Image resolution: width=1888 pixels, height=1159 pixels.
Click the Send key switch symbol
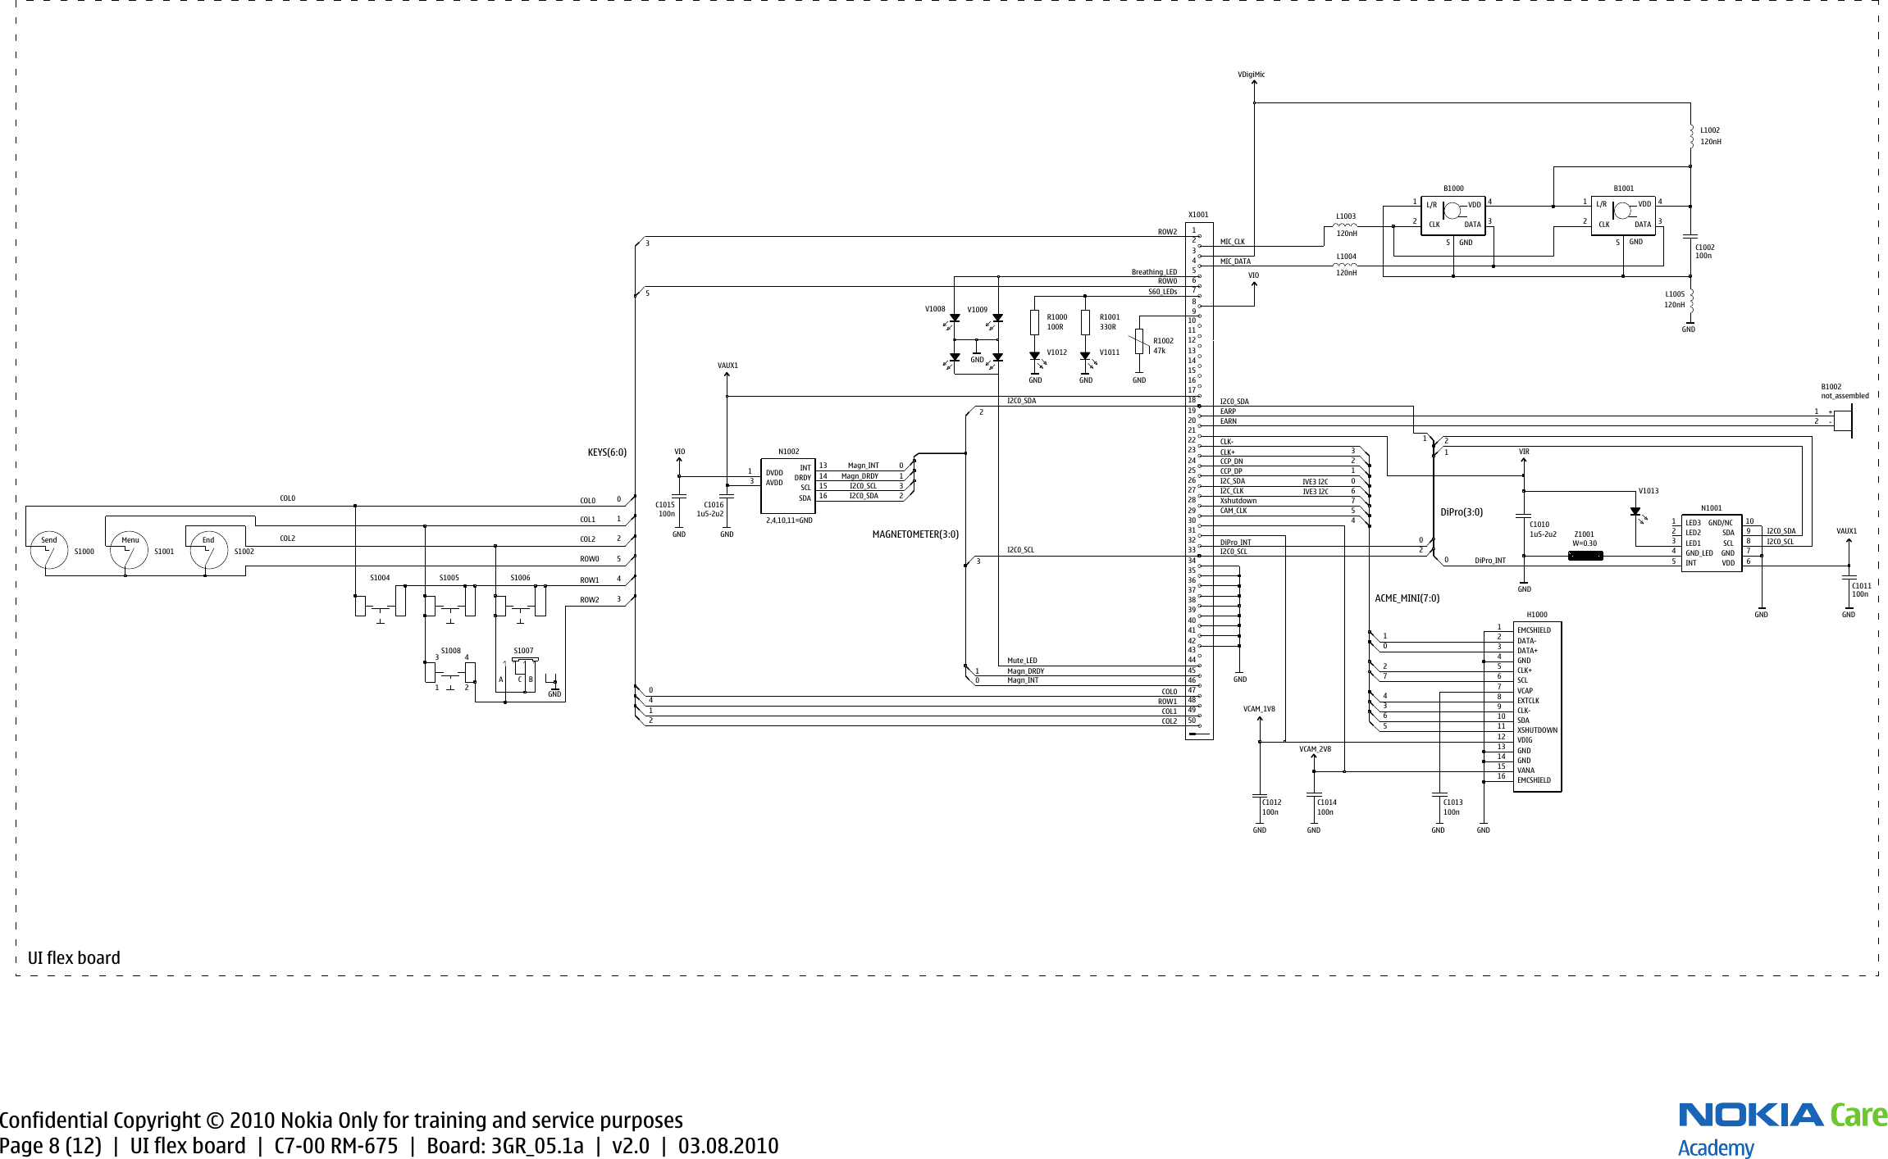(49, 551)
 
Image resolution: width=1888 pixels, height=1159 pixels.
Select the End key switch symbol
(209, 551)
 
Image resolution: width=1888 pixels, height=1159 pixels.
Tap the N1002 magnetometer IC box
(787, 485)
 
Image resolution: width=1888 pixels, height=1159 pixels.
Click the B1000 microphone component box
(1452, 216)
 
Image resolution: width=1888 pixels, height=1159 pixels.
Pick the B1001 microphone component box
(1622, 216)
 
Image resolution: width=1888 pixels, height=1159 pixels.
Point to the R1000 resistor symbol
(1035, 322)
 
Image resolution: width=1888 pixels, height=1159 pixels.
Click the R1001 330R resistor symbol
(1085, 322)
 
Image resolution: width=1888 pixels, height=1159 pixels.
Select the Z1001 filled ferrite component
(1585, 556)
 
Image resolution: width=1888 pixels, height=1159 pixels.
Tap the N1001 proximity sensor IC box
(1711, 543)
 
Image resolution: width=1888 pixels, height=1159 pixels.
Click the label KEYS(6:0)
(607, 452)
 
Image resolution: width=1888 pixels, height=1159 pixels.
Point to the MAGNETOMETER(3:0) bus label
(915, 534)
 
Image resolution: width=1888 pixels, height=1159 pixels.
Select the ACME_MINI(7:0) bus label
(1407, 598)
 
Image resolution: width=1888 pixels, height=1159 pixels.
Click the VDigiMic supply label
(1251, 75)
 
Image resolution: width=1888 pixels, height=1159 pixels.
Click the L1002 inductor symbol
(1690, 136)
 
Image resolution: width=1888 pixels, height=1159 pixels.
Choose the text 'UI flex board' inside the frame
(74, 957)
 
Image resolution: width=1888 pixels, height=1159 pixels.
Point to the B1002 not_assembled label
(1845, 391)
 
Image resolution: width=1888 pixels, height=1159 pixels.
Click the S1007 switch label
(523, 651)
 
